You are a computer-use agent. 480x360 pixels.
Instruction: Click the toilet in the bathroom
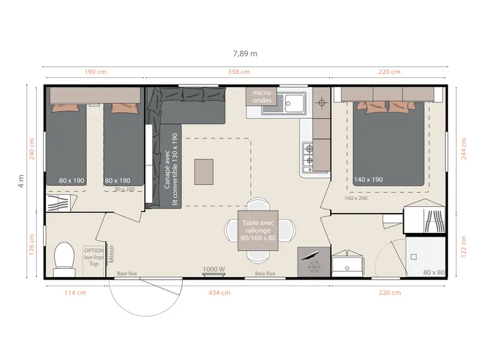pyautogui.click(x=64, y=259)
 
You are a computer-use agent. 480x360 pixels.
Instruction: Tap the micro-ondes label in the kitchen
pyautogui.click(x=262, y=97)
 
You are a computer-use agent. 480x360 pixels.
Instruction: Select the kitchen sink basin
pyautogui.click(x=294, y=103)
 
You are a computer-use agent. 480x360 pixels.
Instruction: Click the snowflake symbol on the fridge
pyautogui.click(x=314, y=267)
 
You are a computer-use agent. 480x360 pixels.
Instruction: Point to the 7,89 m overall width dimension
pyautogui.click(x=245, y=53)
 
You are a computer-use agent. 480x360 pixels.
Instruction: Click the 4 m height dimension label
pyautogui.click(x=21, y=181)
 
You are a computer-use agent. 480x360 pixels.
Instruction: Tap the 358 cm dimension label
pyautogui.click(x=239, y=72)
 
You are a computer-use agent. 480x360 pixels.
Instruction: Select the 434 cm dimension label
pyautogui.click(x=220, y=293)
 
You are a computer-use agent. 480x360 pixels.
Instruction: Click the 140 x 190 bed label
pyautogui.click(x=368, y=179)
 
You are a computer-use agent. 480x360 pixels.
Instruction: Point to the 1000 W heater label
pyautogui.click(x=214, y=269)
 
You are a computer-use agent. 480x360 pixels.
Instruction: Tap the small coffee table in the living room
pyautogui.click(x=204, y=172)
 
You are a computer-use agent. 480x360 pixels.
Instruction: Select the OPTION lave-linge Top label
pyautogui.click(x=94, y=257)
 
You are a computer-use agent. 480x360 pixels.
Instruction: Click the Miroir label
pyautogui.click(x=112, y=254)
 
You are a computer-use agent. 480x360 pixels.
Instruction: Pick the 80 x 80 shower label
pyautogui.click(x=434, y=272)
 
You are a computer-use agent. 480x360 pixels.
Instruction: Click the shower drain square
pyautogui.click(x=413, y=257)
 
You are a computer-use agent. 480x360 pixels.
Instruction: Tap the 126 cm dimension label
pyautogui.click(x=32, y=245)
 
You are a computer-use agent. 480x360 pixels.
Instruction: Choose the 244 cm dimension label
pyautogui.click(x=463, y=149)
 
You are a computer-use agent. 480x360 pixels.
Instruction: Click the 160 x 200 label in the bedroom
pyautogui.click(x=356, y=198)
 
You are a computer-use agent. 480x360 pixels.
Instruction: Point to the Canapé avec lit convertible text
pyautogui.click(x=170, y=169)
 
